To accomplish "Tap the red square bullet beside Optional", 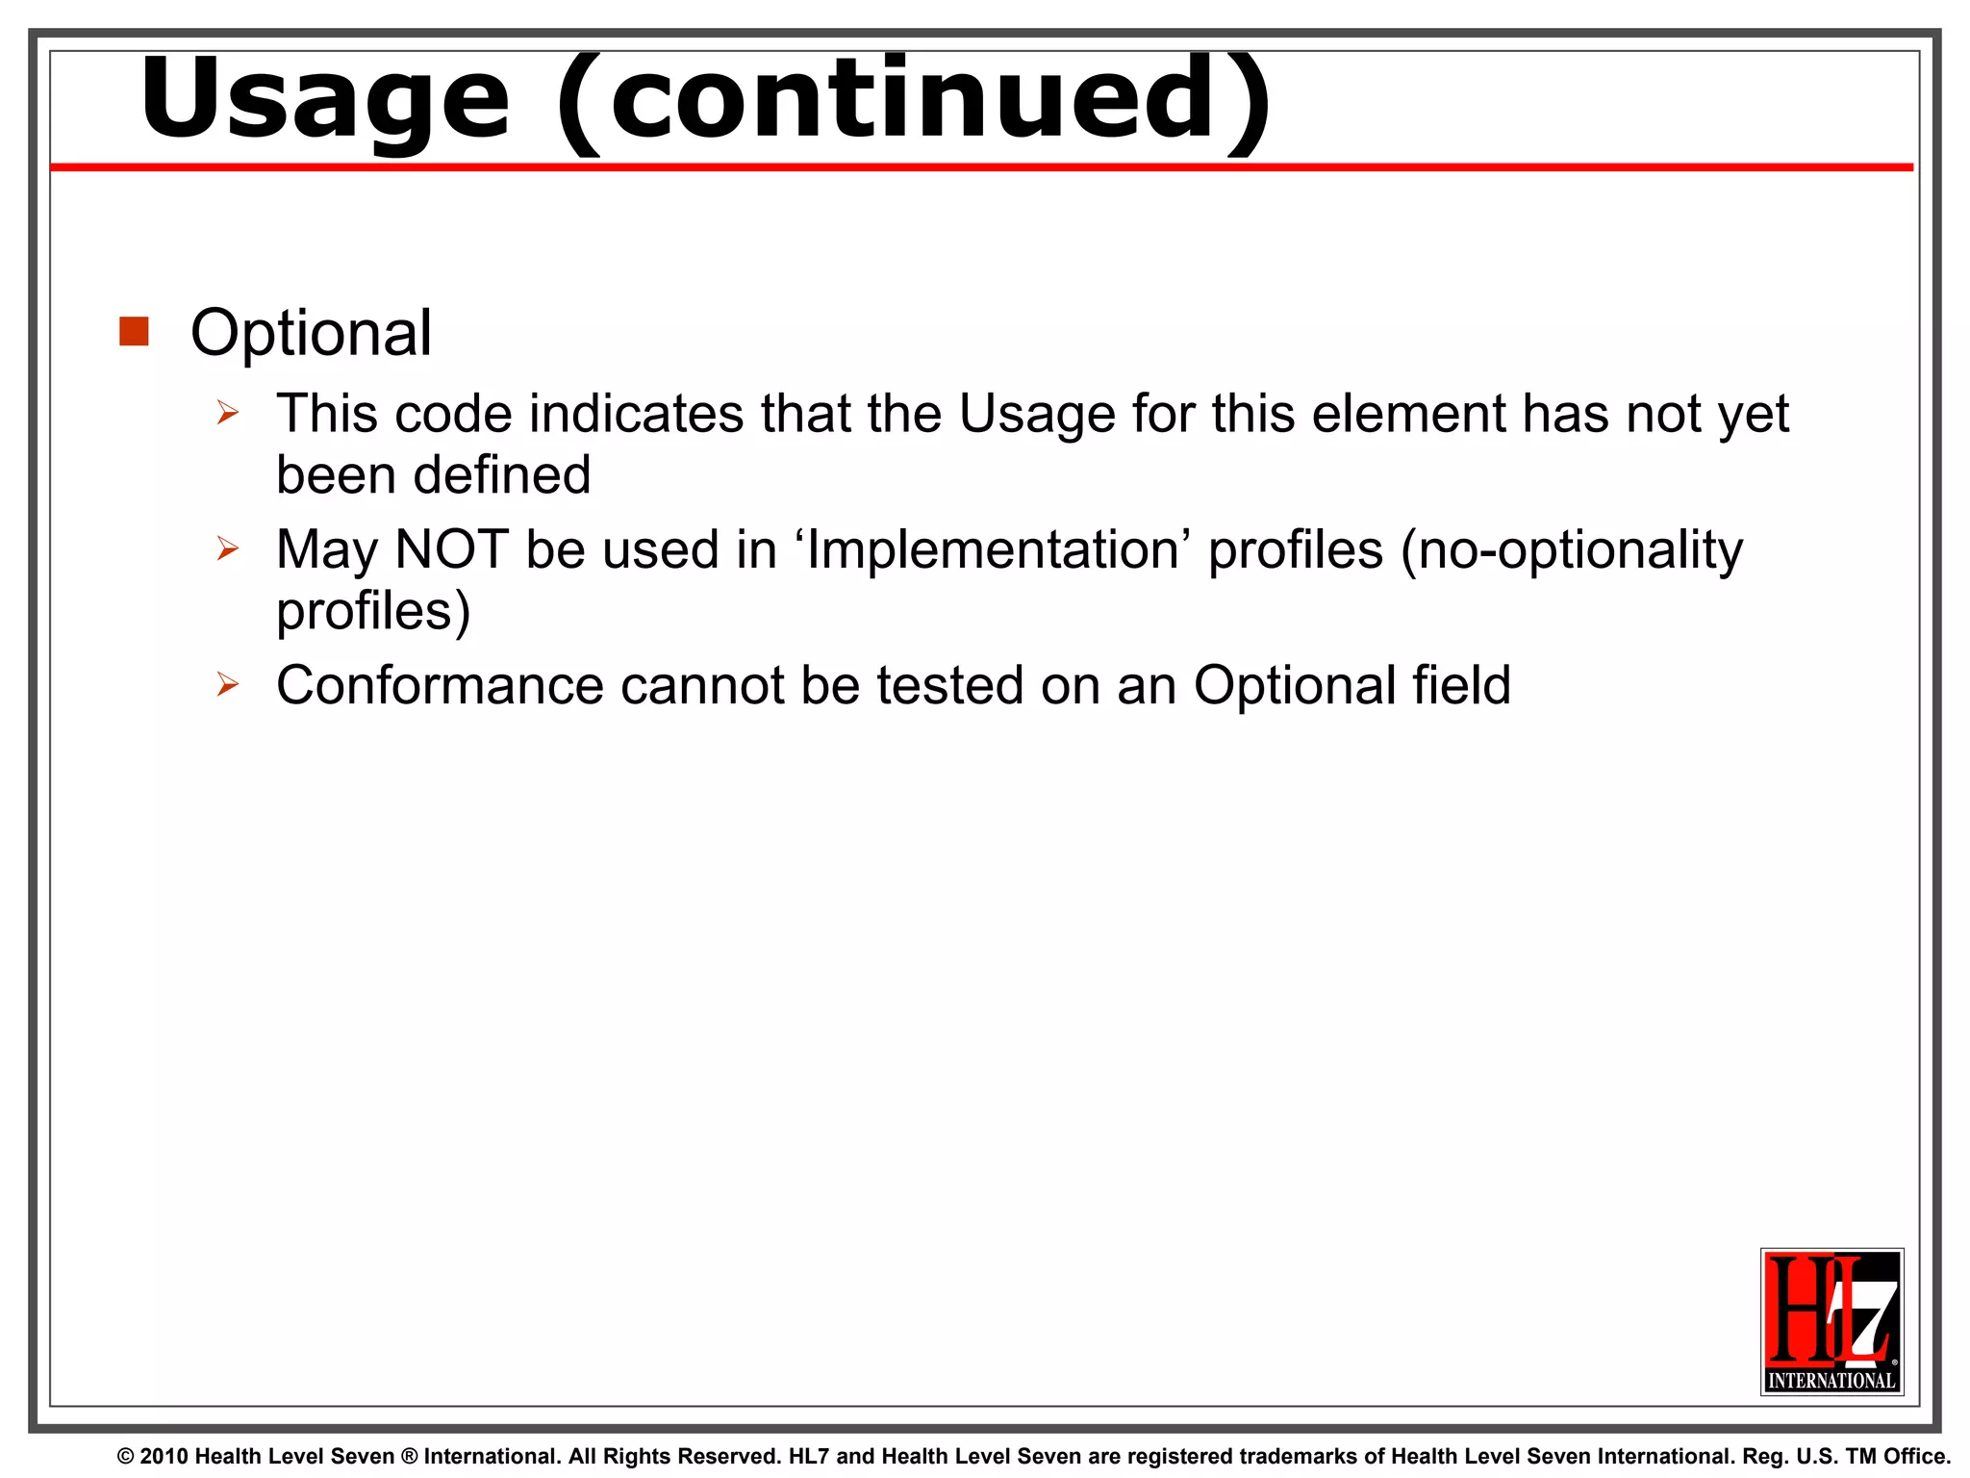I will click(134, 331).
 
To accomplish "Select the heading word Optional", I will click(311, 333).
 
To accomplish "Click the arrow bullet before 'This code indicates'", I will click(227, 414).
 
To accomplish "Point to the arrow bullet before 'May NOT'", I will click(227, 549).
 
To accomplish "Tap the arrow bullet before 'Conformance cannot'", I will click(227, 685).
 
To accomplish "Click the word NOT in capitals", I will click(451, 549).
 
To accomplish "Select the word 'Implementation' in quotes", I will click(993, 549).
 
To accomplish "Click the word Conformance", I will click(439, 685).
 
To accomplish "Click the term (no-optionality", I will click(1571, 549).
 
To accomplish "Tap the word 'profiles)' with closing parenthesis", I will click(373, 611).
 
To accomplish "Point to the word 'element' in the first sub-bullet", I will click(1407, 414).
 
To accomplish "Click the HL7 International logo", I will click(1831, 1321).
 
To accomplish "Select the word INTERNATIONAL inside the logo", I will click(1831, 1380).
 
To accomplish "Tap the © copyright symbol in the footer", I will click(126, 1457).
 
